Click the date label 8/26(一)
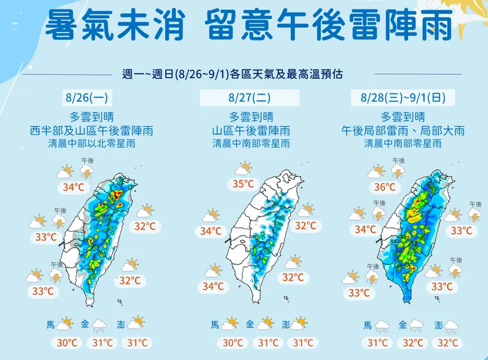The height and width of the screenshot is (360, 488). coord(90,99)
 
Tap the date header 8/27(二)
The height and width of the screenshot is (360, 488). coord(250,99)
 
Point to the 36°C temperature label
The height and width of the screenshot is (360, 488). coord(385,187)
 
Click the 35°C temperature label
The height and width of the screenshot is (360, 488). coord(243,184)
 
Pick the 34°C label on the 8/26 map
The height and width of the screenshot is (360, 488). coord(73,187)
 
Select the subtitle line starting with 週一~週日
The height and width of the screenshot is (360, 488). coord(244,73)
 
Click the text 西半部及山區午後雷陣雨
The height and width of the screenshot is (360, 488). coord(90,130)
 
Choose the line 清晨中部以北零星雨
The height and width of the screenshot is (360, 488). coord(90,143)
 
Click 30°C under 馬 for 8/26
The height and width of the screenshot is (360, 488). coord(66,343)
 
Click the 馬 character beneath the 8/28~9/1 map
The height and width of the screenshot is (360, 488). coord(368,324)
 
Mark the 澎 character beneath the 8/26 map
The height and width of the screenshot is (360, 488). coord(121,324)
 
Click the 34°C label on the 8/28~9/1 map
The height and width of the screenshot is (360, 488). coord(366,229)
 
